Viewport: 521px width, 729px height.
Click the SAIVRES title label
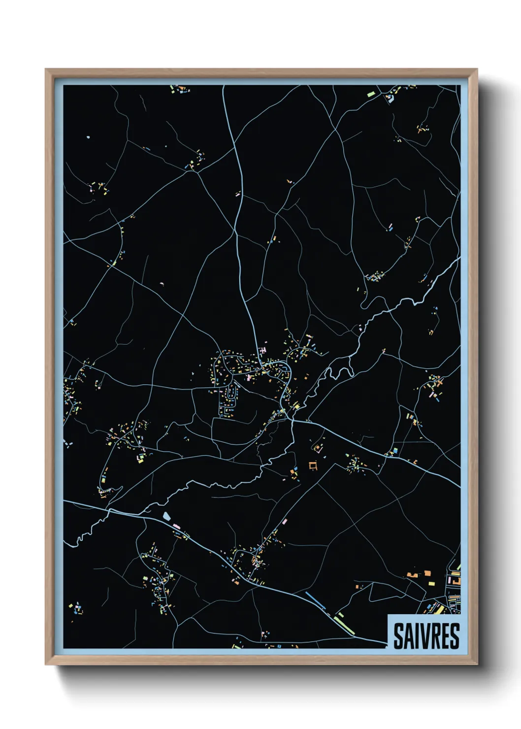426,635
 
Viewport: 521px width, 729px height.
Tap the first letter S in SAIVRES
398,636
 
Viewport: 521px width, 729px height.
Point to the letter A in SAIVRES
408,636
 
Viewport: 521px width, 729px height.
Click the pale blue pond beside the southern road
167,516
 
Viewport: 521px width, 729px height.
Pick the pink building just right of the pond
176,527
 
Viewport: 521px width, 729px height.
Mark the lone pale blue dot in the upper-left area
88,137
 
